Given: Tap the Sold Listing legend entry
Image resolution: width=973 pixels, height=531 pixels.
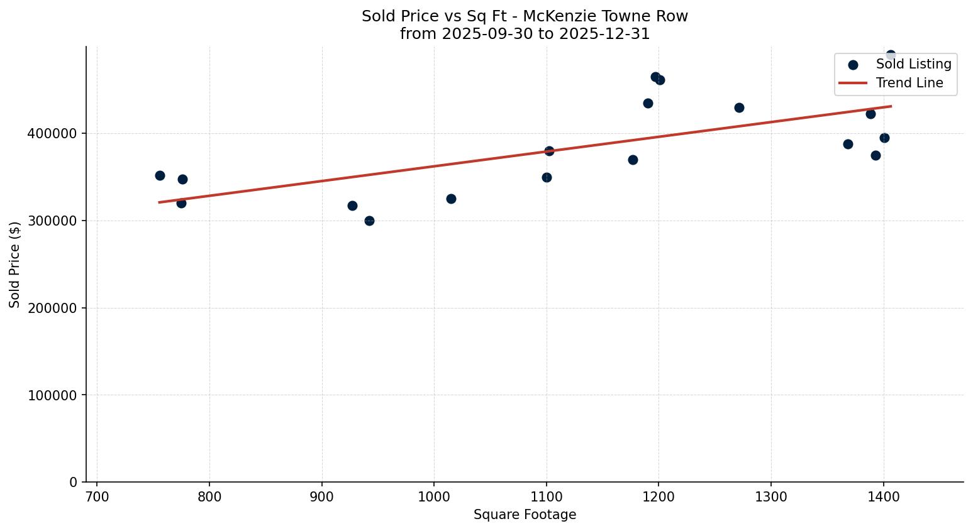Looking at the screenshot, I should pos(913,64).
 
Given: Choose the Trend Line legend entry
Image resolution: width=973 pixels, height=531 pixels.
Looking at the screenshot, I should pos(909,83).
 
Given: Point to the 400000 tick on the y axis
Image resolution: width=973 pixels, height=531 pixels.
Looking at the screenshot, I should pos(52,134).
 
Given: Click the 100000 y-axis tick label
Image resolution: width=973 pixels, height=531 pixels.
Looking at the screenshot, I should pos(52,395).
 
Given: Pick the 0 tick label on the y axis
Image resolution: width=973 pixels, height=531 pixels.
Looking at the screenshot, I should pos(74,483).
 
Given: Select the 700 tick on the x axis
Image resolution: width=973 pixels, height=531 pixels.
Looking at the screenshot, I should pos(97,497).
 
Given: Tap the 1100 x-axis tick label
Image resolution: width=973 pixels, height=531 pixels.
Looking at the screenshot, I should pos(546,497).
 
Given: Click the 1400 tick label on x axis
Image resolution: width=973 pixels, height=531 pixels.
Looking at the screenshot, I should pos(884,497).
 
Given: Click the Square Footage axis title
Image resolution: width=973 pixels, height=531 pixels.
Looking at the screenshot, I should pos(525,515).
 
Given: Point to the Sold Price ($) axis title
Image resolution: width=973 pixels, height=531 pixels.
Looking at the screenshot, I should pos(15,265).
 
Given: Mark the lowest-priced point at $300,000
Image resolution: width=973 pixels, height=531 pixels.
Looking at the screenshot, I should pos(369,221).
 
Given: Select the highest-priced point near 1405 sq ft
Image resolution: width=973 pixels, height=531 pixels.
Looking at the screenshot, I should pos(891,55).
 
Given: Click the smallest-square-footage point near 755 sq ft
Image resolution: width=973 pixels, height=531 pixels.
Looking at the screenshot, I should pos(160,175).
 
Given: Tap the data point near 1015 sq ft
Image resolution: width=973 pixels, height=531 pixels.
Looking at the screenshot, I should pos(451,199).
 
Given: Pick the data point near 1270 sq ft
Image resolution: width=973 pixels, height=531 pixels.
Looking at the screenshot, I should pos(739,107).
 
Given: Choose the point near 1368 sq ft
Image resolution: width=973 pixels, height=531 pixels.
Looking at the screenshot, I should pos(848,144).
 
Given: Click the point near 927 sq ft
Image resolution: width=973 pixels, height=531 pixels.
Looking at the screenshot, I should pos(352,205).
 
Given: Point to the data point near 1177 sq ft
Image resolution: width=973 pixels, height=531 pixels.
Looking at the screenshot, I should pos(633,160).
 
